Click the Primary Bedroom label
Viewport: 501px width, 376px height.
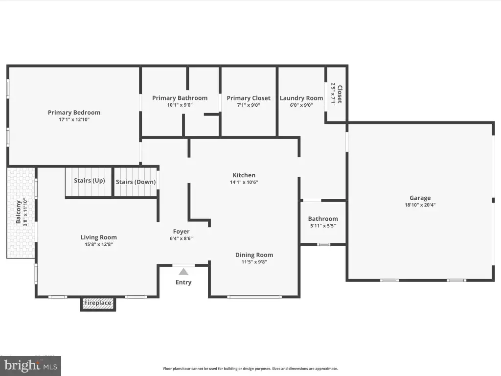(x=74, y=113)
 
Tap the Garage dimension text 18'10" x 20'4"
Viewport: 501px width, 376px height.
(x=420, y=205)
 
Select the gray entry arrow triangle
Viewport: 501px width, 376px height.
(x=183, y=272)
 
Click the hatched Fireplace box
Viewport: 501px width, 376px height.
(x=98, y=304)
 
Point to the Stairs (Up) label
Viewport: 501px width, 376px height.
(x=90, y=181)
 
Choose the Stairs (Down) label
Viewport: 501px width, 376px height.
(x=136, y=182)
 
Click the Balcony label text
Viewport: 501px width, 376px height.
(x=18, y=212)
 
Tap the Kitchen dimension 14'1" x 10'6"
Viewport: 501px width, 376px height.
(x=244, y=182)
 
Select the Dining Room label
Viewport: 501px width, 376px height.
(x=254, y=255)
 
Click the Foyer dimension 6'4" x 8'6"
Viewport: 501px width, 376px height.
(x=181, y=238)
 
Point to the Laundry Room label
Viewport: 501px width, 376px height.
(x=301, y=98)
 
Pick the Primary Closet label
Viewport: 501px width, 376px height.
(x=249, y=98)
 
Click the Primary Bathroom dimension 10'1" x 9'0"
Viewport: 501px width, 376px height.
(x=180, y=105)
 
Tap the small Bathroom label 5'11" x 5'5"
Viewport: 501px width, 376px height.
(x=323, y=226)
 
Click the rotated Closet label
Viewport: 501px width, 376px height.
(x=340, y=94)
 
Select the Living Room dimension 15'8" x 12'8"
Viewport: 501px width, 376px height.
(x=99, y=244)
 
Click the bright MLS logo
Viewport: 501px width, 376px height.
(x=31, y=366)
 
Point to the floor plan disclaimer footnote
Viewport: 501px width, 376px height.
(x=250, y=369)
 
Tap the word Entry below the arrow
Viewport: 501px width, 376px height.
(x=183, y=282)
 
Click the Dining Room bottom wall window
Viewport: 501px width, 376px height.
(x=254, y=297)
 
